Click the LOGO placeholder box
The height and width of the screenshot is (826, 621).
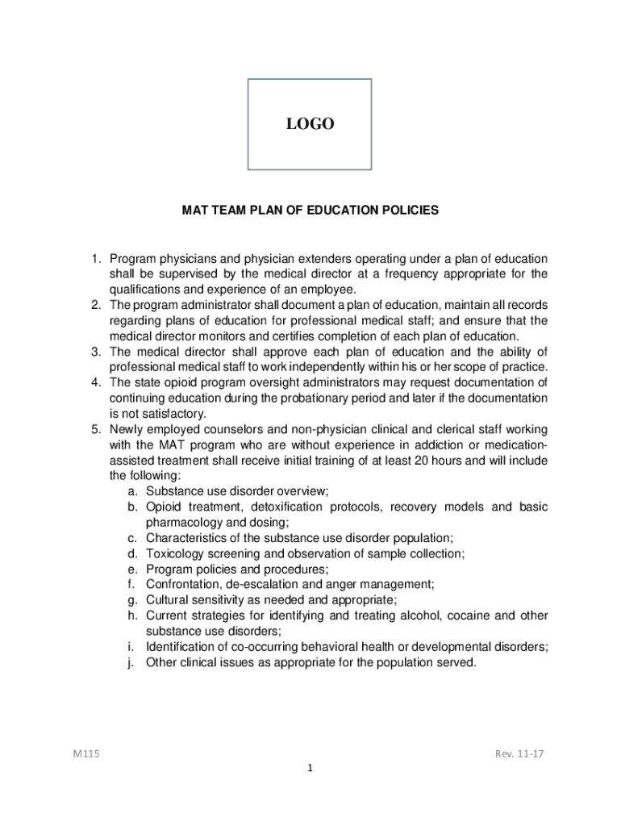tap(310, 124)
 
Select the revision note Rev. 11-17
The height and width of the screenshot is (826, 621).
tap(521, 754)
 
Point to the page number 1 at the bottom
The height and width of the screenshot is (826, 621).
tap(309, 768)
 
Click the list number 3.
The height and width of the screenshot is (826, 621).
tap(94, 352)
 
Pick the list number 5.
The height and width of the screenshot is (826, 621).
tap(94, 430)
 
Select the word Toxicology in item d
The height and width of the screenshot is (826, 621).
tap(174, 554)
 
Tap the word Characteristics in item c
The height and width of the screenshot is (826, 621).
tap(187, 538)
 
